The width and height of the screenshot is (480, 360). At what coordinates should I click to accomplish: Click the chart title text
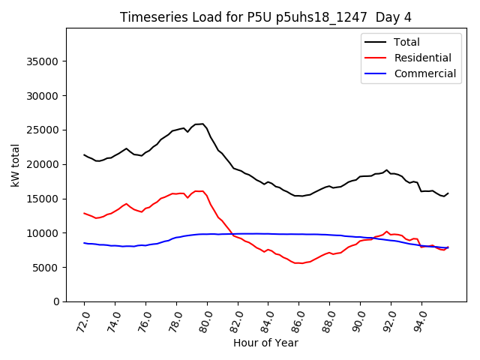(265, 17)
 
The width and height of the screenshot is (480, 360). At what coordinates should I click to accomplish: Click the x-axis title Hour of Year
(265, 343)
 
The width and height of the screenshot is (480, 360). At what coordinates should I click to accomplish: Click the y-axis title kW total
(16, 164)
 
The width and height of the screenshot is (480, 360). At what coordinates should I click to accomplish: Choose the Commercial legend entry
(424, 73)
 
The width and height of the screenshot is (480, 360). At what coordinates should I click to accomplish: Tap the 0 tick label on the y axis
(57, 301)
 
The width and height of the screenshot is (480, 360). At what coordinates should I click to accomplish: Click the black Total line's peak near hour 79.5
(201, 124)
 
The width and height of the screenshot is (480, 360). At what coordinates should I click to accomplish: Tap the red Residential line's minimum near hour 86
(301, 263)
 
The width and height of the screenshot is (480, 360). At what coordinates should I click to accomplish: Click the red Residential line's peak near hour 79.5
(199, 191)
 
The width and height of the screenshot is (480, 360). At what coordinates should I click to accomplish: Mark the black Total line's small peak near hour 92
(387, 170)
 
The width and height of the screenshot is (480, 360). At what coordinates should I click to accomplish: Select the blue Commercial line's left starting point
(84, 243)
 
